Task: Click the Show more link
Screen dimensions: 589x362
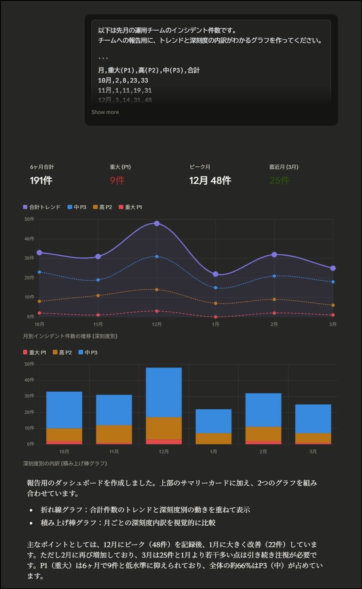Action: (x=105, y=112)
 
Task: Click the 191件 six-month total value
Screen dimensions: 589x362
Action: (x=41, y=181)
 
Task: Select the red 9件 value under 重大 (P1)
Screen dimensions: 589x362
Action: (x=117, y=181)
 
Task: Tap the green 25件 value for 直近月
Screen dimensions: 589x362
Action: (x=279, y=181)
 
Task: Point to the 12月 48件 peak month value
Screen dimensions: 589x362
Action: (x=210, y=181)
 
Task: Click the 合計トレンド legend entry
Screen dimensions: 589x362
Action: (x=42, y=207)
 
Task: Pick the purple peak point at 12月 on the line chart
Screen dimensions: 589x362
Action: (x=156, y=223)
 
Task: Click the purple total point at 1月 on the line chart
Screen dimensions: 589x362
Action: (x=215, y=274)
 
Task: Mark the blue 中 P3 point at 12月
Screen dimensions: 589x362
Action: (x=156, y=256)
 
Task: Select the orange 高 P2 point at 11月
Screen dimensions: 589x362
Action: (x=98, y=295)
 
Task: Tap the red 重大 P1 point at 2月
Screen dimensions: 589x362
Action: (x=274, y=313)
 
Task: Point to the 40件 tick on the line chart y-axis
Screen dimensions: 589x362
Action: (x=29, y=239)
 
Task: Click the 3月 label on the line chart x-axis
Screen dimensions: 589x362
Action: (x=333, y=324)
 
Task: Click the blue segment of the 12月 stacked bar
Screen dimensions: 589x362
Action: (x=164, y=392)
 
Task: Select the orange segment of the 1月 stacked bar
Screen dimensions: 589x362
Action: (x=214, y=438)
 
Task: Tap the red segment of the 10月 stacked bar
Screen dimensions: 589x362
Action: (x=64, y=442)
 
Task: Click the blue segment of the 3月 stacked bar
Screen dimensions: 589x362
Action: (x=313, y=418)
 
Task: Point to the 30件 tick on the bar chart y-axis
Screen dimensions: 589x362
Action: (x=29, y=396)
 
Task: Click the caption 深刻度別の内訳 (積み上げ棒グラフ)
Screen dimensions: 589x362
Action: (x=65, y=463)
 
